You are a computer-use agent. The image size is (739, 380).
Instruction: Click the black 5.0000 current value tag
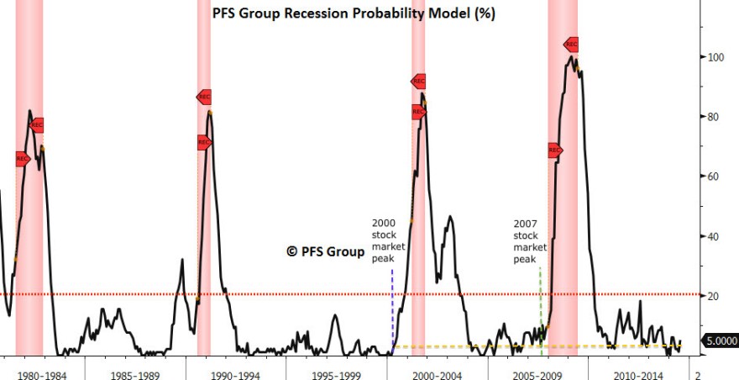coord(720,341)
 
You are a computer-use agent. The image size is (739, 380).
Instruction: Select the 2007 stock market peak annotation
coord(530,241)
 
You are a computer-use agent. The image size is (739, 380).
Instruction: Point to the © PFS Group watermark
coord(326,251)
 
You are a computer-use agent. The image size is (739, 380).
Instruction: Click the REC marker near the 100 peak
coord(571,44)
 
